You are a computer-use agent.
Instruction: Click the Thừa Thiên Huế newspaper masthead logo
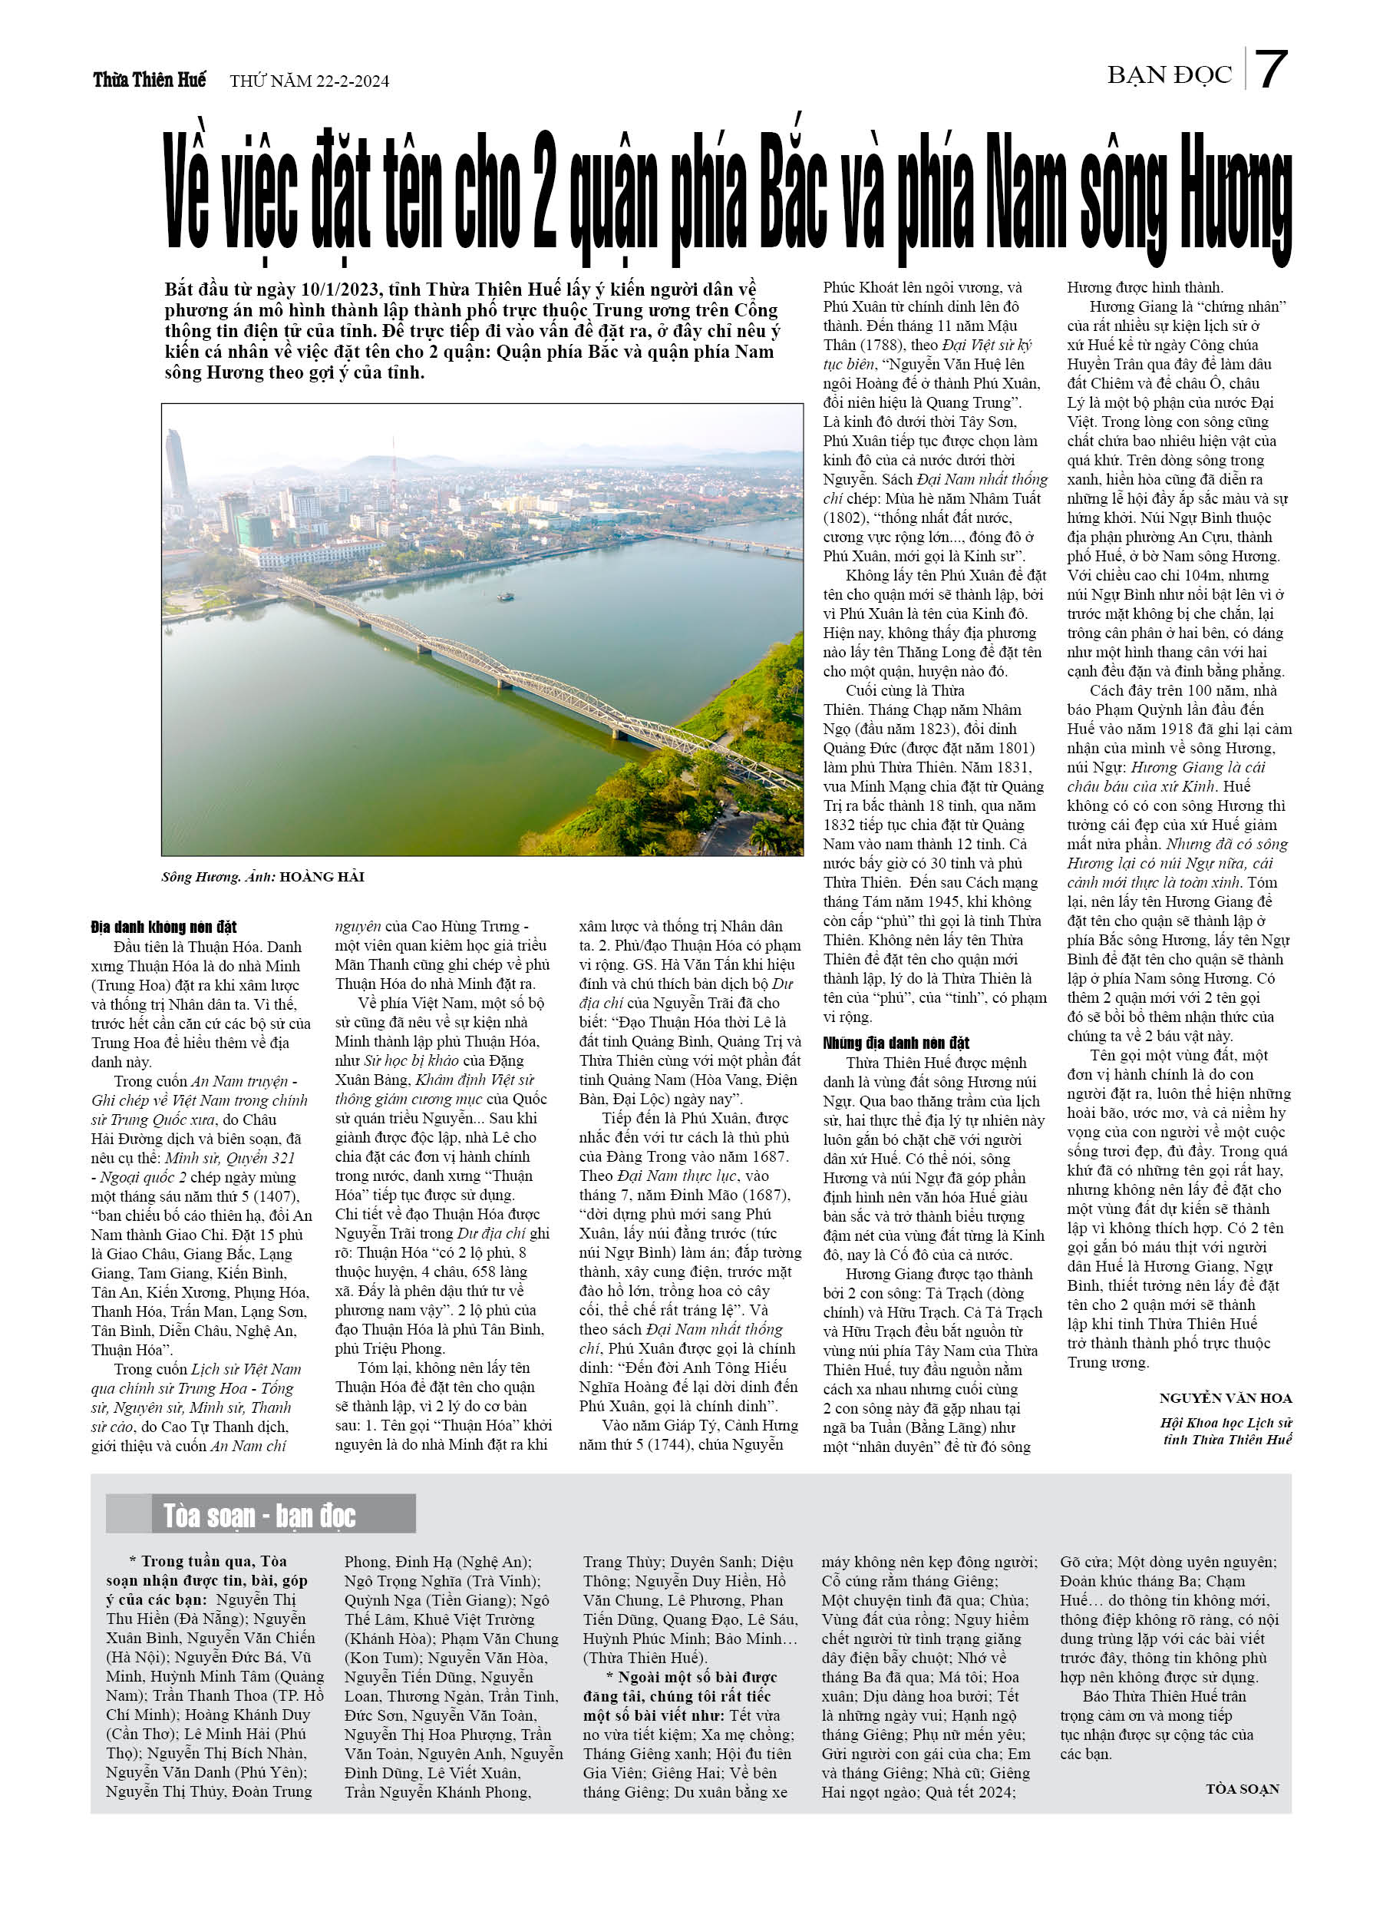click(x=150, y=80)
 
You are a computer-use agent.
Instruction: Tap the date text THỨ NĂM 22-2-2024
click(x=309, y=81)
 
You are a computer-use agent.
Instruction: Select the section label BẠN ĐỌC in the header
click(x=1169, y=75)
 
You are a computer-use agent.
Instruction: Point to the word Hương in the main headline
click(x=1234, y=200)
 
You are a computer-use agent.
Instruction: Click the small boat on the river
click(x=506, y=597)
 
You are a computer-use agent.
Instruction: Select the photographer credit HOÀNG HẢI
click(x=322, y=878)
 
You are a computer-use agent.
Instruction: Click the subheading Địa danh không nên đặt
click(x=163, y=928)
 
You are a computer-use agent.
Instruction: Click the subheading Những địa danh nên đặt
click(x=896, y=1043)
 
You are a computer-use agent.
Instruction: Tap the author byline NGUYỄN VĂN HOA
click(x=1225, y=1397)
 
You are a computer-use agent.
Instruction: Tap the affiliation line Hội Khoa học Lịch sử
click(x=1226, y=1423)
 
